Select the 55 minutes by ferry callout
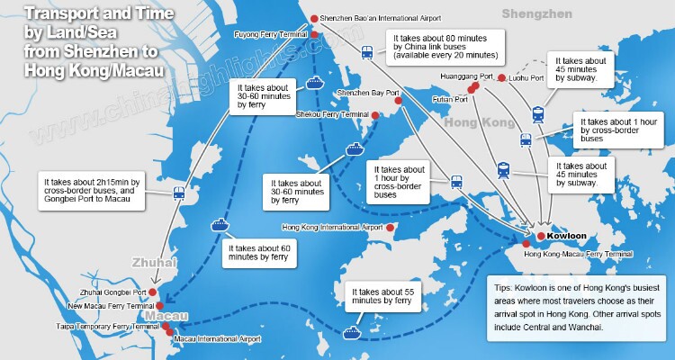pyautogui.click(x=385, y=299)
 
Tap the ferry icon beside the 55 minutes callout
pyautogui.click(x=351, y=331)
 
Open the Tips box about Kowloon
pyautogui.click(x=574, y=307)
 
